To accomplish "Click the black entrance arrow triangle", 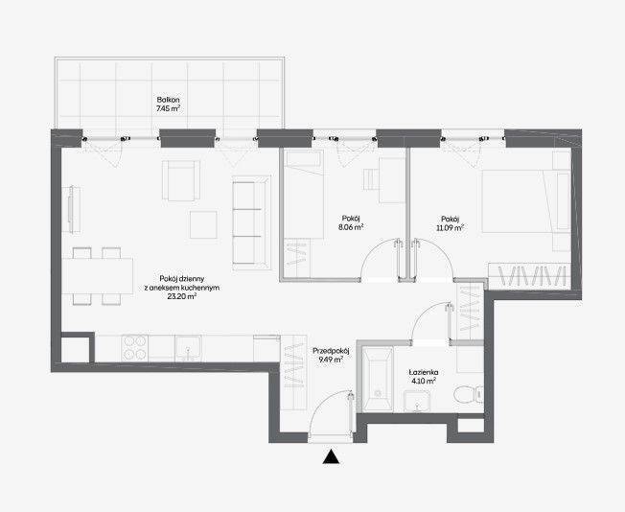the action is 331,457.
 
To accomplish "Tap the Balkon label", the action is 168,100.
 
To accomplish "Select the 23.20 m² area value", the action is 182,296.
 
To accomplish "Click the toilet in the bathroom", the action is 468,394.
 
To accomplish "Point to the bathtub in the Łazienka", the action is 378,380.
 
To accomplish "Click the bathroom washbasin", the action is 417,401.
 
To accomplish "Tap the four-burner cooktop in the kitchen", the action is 135,348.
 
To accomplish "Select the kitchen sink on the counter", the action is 188,348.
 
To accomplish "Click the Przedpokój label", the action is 331,351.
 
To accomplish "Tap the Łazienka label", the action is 424,372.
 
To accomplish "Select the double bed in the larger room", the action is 526,201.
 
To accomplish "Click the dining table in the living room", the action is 98,276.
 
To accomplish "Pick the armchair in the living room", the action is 181,180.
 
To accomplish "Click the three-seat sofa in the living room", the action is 251,222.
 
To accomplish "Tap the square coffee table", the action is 203,225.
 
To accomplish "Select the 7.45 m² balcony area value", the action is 168,108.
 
